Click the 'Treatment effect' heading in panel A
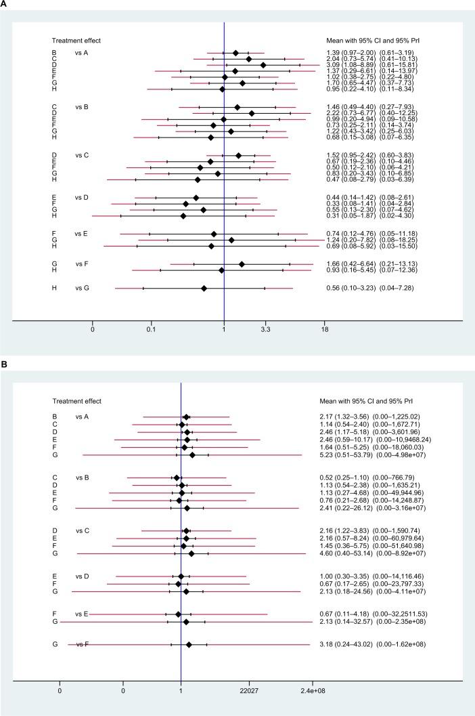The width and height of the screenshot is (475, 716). pos(78,40)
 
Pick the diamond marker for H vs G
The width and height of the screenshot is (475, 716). pos(204,288)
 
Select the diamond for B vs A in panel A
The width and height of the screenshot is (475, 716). pos(235,53)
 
